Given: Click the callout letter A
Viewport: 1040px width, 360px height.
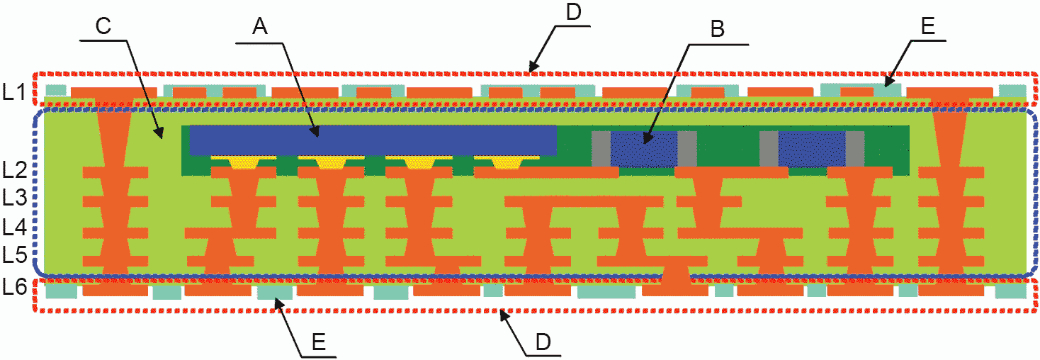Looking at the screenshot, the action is pyautogui.click(x=260, y=27).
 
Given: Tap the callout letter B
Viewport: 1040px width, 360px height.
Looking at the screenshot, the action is pyautogui.click(x=717, y=29).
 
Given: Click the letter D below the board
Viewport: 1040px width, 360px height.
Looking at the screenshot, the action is pyautogui.click(x=543, y=342).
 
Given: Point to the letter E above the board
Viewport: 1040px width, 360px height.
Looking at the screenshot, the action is pyautogui.click(x=929, y=26).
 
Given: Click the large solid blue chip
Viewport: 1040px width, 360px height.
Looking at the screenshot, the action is pyautogui.click(x=373, y=140).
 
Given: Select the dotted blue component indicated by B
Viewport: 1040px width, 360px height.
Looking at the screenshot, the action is pyautogui.click(x=643, y=148).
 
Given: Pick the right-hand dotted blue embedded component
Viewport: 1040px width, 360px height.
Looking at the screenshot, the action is pyautogui.click(x=811, y=148).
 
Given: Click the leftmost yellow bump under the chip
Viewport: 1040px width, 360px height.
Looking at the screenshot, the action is pyautogui.click(x=244, y=162).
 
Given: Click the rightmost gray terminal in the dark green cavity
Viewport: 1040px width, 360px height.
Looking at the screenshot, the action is pyautogui.click(x=854, y=148).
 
